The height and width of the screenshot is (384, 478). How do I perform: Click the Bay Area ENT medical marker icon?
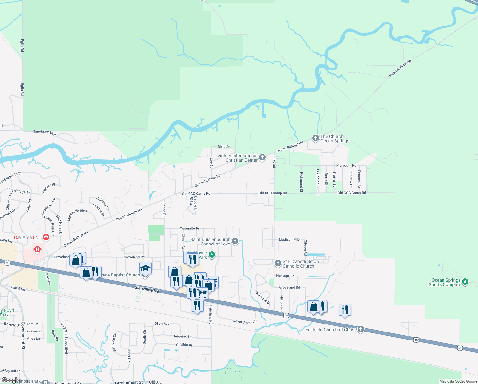coord(46,237)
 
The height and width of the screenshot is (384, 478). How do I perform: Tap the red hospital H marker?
coord(37,249)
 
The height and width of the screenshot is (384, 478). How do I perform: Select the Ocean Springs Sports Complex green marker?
coord(465,282)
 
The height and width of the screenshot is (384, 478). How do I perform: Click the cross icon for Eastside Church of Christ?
coord(361,329)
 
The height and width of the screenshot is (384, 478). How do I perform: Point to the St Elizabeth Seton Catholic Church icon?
coord(278,263)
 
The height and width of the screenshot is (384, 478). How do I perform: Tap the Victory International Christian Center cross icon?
coord(262,157)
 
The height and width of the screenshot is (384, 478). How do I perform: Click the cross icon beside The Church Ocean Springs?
coord(315,138)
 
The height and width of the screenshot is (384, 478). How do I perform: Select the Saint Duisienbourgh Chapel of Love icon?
coord(235,241)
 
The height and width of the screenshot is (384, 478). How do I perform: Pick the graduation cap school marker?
coord(145,268)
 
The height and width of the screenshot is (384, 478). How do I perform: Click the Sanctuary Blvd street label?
coord(44,133)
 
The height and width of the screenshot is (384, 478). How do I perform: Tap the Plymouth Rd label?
coord(346,165)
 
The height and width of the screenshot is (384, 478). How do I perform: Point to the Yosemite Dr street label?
coord(189,228)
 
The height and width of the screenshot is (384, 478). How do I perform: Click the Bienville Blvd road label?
coord(147,289)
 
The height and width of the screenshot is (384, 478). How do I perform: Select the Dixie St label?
coord(224,147)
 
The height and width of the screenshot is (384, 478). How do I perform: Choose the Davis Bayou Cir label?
coord(245,321)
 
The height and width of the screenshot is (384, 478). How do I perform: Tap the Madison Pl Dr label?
coord(290,239)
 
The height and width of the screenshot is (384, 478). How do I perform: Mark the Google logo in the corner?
coord(11,380)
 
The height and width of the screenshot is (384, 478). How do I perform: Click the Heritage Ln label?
coord(285,276)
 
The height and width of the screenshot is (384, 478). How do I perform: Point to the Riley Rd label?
coord(274,162)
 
